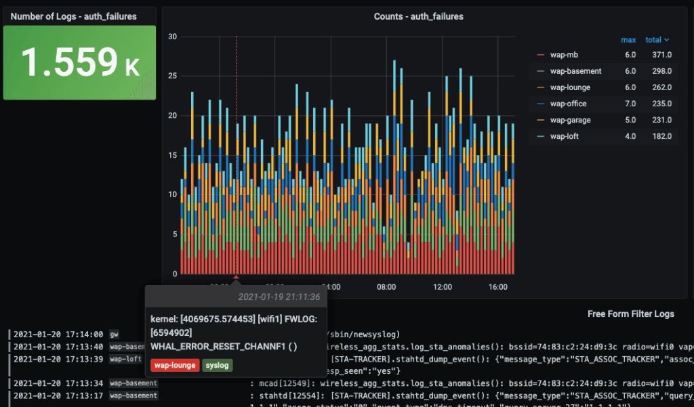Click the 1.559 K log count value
click(80, 62)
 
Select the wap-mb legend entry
click(564, 55)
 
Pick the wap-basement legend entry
click(575, 71)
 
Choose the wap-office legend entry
click(568, 104)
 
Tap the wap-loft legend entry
click(565, 136)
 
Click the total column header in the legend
click(657, 40)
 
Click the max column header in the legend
click(628, 40)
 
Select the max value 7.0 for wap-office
click(630, 104)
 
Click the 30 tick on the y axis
click(173, 37)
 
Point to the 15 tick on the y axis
click(173, 155)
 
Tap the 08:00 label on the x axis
click(386, 287)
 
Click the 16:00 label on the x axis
click(498, 287)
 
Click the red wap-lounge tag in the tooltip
click(175, 366)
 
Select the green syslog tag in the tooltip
click(217, 366)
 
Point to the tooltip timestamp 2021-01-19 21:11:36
click(279, 297)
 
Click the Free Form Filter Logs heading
click(631, 314)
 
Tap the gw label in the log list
click(114, 335)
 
